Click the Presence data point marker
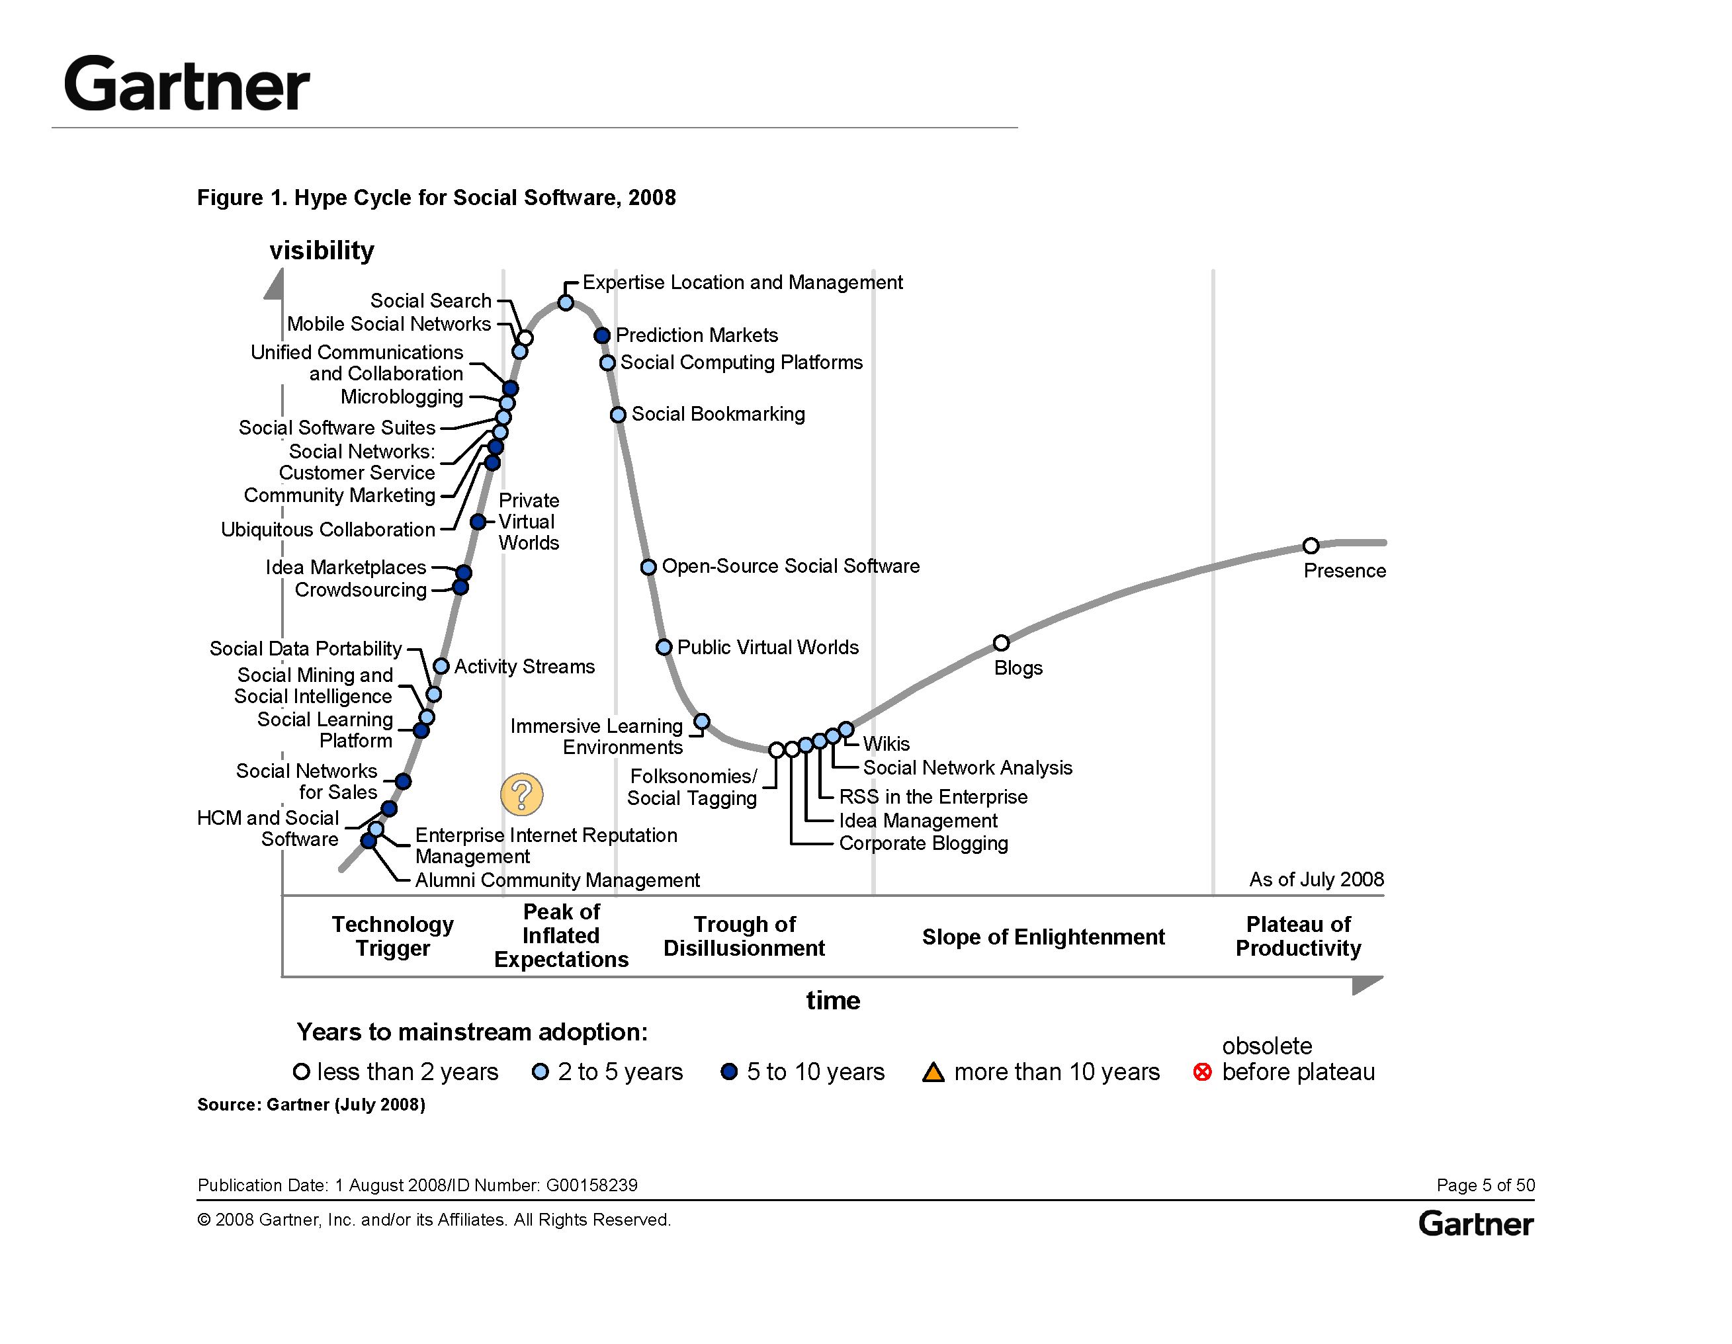[1311, 546]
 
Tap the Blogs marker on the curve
[1001, 642]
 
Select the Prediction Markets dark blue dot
[602, 335]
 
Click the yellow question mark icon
[522, 794]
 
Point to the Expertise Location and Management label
[742, 282]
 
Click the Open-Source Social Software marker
[648, 567]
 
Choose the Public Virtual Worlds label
[767, 647]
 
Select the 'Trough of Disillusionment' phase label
[744, 937]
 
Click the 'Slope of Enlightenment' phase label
[1043, 937]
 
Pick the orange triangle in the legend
[933, 1073]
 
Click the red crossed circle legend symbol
[1202, 1072]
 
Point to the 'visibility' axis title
[321, 251]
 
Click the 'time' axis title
[833, 1001]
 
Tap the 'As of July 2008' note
[1317, 879]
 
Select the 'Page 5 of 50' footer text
[1485, 1185]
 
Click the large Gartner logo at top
[187, 84]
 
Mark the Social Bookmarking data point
[618, 415]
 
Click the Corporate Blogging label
[923, 843]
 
